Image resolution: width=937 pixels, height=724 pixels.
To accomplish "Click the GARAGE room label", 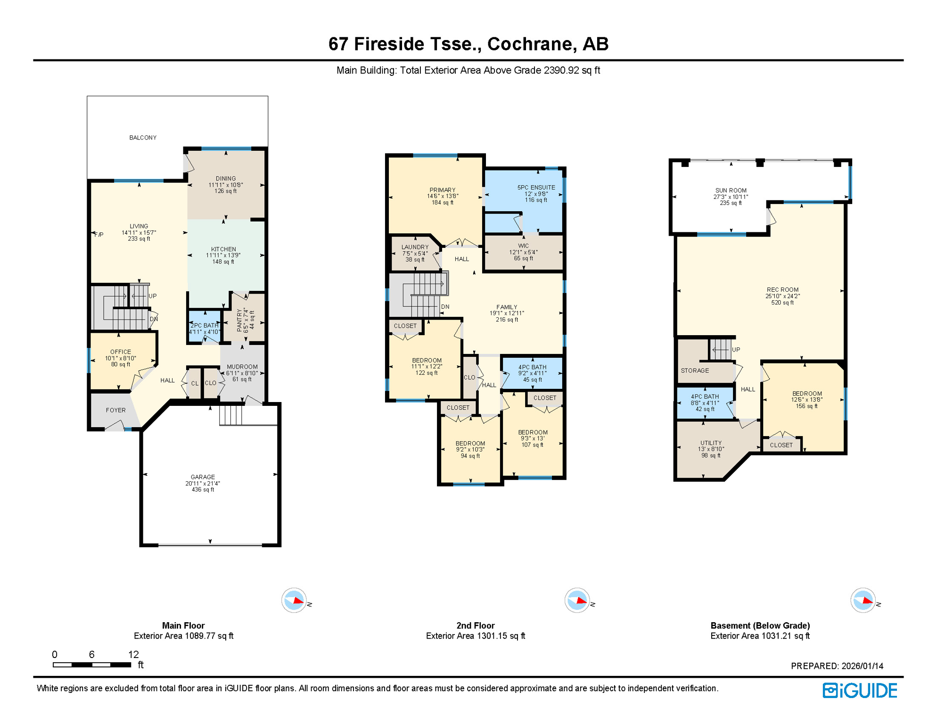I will [x=203, y=477].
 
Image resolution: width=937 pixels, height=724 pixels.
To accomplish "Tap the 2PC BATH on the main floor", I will [x=205, y=326].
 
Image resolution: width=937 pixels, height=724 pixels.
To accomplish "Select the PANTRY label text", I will [x=239, y=321].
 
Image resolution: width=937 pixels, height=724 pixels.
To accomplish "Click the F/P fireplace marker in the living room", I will [x=99, y=235].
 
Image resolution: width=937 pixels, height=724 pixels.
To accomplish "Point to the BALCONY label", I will [x=143, y=138].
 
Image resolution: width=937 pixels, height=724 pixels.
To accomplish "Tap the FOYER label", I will [x=115, y=410].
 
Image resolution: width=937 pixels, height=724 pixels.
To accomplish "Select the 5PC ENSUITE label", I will [x=536, y=188].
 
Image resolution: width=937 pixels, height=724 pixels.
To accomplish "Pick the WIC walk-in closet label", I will [x=523, y=246].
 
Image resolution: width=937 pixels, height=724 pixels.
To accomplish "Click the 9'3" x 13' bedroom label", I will [x=532, y=438].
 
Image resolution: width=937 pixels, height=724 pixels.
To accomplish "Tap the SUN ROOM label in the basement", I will [x=731, y=191].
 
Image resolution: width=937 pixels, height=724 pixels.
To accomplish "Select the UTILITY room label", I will [x=711, y=443].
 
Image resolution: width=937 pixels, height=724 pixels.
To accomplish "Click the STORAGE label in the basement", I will [x=695, y=370].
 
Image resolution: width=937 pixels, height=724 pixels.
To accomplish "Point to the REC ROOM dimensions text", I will [x=782, y=296].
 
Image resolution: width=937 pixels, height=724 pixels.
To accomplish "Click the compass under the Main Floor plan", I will [x=294, y=600].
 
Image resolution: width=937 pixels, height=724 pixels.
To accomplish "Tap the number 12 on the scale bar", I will [x=133, y=654].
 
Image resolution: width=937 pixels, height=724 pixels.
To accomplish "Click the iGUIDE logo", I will [x=860, y=691].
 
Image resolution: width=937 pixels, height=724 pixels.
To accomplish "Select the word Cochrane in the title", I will [x=530, y=44].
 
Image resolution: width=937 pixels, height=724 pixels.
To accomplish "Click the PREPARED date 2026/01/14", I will [x=862, y=666].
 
